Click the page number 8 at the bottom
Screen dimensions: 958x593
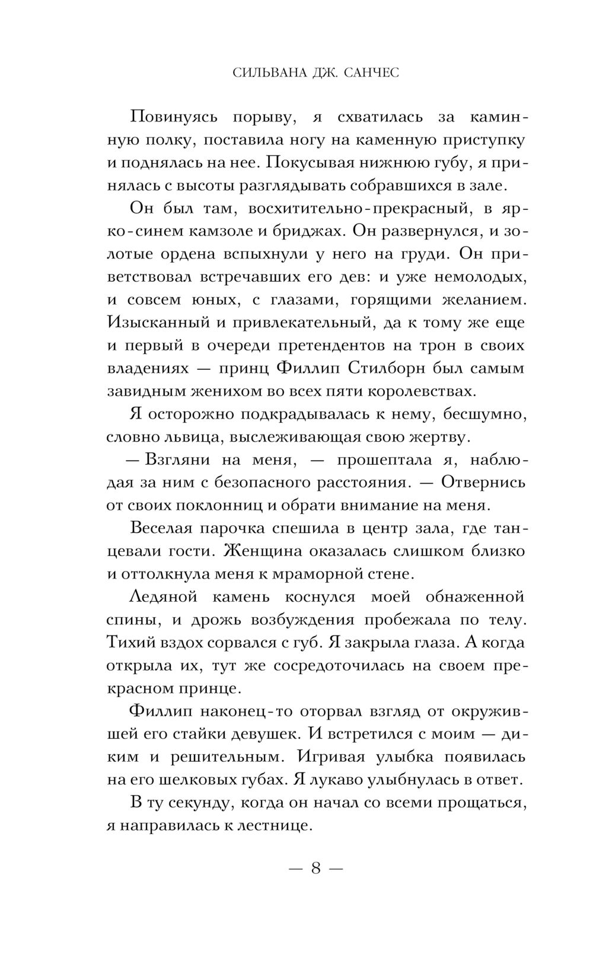(x=315, y=869)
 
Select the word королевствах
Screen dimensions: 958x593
(x=406, y=391)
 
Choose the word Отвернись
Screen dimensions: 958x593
(x=483, y=483)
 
